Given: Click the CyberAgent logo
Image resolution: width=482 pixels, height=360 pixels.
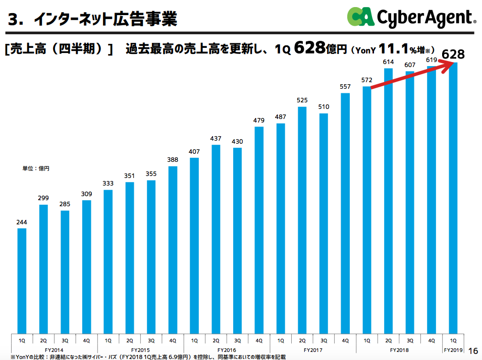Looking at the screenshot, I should pyautogui.click(x=411, y=18).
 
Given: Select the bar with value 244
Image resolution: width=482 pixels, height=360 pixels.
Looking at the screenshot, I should pyautogui.click(x=22, y=280).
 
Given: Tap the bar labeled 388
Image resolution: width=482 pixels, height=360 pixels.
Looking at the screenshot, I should pyautogui.click(x=173, y=249).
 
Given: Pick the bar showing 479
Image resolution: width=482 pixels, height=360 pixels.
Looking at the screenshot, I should pyautogui.click(x=259, y=229).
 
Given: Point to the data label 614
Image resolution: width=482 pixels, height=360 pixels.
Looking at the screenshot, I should pyautogui.click(x=388, y=62).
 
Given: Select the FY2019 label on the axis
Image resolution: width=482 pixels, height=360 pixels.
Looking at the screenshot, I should pyautogui.click(x=453, y=349).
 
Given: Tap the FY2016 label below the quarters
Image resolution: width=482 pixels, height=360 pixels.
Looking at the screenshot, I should pyautogui.click(x=227, y=349).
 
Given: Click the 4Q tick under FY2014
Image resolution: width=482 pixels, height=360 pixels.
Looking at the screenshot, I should pyautogui.click(x=86, y=340).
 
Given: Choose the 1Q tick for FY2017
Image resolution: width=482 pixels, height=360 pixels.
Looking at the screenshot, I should pyautogui.click(x=280, y=340).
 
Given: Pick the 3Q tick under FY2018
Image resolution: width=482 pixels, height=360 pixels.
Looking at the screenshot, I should pyautogui.click(x=410, y=340).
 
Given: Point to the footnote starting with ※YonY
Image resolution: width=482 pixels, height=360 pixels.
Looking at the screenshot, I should pyautogui.click(x=141, y=356).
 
